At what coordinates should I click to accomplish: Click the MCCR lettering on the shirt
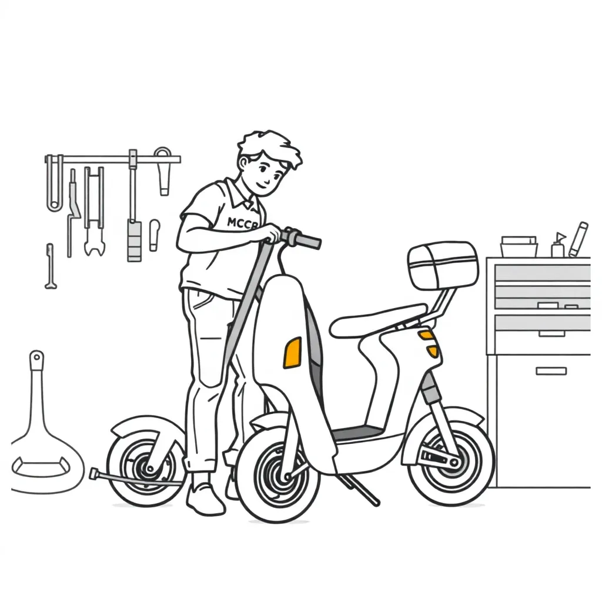tap(242, 223)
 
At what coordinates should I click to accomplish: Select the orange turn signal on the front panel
tap(292, 353)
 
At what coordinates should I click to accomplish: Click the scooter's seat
tap(376, 319)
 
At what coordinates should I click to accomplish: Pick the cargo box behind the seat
tap(443, 265)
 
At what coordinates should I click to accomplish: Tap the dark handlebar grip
tap(306, 239)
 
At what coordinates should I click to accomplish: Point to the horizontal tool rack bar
tap(112, 159)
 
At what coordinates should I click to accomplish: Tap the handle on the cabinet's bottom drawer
tap(550, 371)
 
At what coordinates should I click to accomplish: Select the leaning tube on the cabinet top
tap(578, 239)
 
